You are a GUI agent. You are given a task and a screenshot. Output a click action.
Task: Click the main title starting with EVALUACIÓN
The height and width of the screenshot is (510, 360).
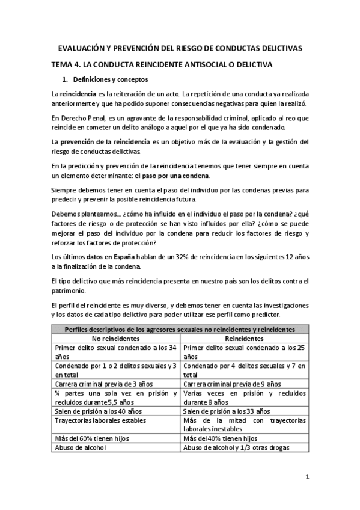coord(180,48)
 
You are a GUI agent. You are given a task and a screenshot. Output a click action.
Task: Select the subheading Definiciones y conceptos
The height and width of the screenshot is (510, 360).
coord(111,79)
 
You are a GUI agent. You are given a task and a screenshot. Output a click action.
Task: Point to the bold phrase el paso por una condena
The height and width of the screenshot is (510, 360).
coord(172,176)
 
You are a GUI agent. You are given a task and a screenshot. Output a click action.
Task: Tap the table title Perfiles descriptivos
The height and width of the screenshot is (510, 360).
coord(180,330)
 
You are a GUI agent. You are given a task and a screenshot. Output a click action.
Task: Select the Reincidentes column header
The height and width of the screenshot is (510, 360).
coord(245,339)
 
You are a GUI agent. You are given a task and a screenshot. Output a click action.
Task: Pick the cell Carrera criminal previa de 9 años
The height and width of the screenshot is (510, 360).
coord(232,384)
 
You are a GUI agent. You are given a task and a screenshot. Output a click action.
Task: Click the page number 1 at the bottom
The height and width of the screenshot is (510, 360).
coord(307,478)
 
